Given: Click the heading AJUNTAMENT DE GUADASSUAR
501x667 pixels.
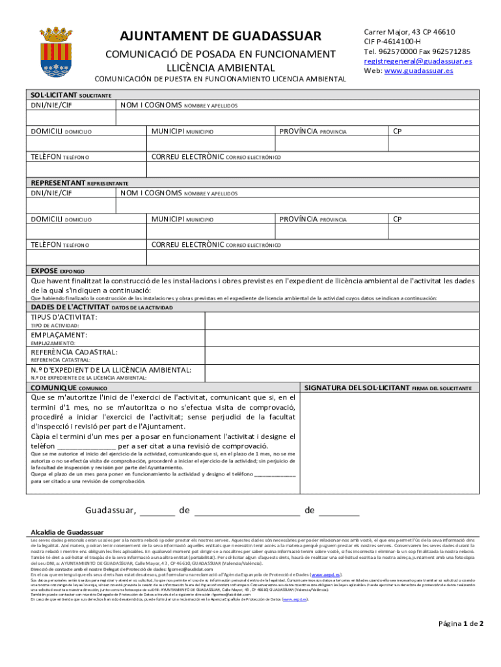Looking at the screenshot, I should point(221,35).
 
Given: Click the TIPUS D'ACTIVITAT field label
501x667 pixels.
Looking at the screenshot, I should point(64,317).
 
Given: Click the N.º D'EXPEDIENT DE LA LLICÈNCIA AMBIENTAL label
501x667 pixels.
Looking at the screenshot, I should point(111,370).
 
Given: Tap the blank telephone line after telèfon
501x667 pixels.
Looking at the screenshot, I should point(87,446).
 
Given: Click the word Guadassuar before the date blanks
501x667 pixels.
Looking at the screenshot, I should point(111,510).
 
